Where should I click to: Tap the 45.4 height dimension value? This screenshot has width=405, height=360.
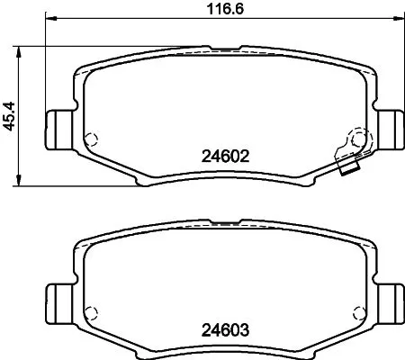coord(11,115)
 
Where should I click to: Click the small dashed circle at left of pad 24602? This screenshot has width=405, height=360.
coord(89,139)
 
